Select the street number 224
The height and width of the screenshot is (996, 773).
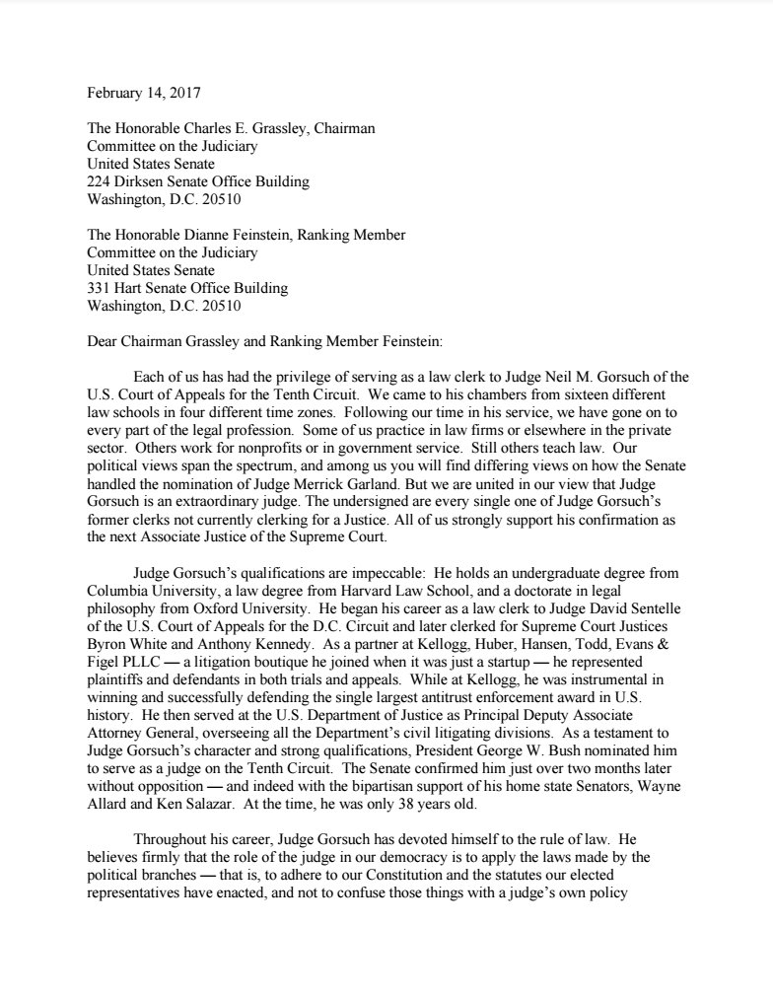coord(101,181)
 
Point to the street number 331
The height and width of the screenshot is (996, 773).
coord(101,288)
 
